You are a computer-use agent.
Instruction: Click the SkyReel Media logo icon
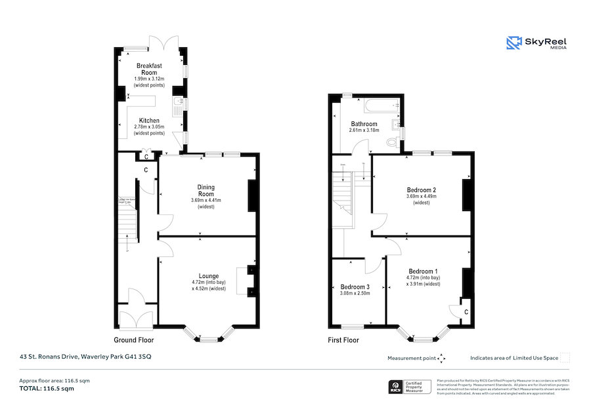point(513,43)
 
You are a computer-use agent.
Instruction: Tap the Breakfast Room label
point(149,69)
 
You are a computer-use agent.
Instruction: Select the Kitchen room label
point(148,121)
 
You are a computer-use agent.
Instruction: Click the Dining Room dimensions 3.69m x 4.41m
point(206,201)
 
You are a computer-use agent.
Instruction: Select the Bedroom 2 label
point(422,190)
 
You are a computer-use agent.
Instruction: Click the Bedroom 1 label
point(423,271)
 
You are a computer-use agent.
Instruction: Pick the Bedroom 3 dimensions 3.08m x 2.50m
point(355,293)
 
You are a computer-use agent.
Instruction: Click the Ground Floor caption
point(134,340)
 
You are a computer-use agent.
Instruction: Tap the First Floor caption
point(343,340)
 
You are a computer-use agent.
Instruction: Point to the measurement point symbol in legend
point(441,358)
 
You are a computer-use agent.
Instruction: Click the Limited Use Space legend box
point(565,358)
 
